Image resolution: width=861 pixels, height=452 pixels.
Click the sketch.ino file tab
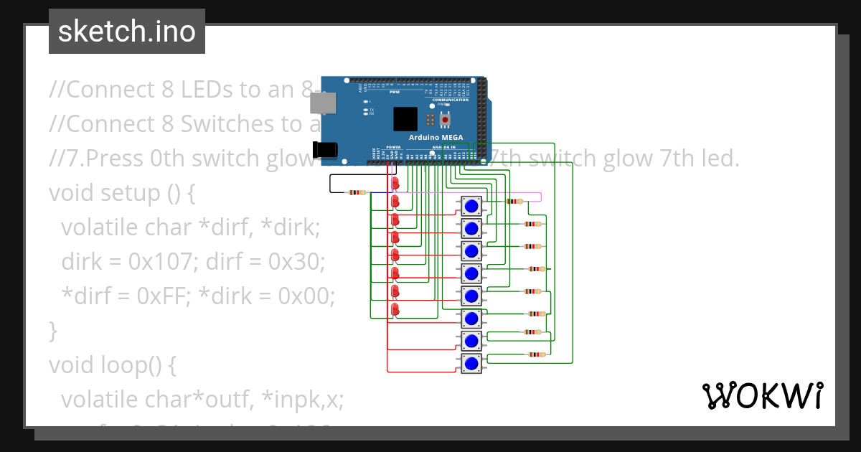[x=127, y=32]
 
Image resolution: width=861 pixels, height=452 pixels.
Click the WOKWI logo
[x=762, y=395]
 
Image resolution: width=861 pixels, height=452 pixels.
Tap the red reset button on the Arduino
[x=445, y=119]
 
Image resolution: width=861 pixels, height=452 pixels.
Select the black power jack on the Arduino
[x=325, y=149]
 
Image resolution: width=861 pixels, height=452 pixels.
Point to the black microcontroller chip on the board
[x=405, y=118]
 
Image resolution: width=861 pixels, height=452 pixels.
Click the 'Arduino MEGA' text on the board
[x=436, y=137]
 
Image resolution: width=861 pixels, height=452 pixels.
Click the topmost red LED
[x=395, y=184]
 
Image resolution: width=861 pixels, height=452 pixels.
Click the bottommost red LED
[x=395, y=309]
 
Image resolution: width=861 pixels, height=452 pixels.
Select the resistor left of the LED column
[x=357, y=192]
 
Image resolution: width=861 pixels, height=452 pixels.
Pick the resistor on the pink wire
[x=514, y=202]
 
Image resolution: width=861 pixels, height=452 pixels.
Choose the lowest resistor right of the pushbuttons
[x=536, y=354]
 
